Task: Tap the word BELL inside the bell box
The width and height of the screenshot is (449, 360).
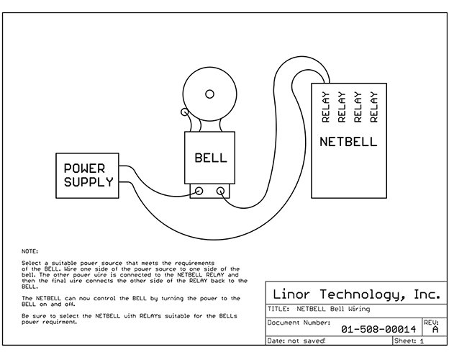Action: point(211,158)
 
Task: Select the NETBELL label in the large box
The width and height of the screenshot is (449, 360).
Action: point(348,142)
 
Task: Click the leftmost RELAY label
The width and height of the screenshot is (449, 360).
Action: point(326,107)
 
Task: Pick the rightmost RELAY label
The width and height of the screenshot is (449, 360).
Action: point(374,107)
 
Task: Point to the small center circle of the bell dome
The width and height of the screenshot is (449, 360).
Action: point(210,94)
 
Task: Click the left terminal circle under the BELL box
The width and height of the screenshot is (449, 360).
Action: point(199,191)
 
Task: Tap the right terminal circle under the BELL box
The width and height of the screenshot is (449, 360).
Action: point(220,191)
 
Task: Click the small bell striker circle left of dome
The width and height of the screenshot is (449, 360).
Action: point(185,112)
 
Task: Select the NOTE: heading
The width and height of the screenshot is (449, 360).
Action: point(30,251)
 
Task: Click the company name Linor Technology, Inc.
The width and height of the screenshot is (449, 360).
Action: point(356,294)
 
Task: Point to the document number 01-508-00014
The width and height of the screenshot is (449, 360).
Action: point(378,329)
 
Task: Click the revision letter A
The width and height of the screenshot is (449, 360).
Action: point(435,329)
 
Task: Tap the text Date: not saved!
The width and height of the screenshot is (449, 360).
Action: point(296,341)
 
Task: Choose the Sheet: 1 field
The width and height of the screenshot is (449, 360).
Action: point(409,341)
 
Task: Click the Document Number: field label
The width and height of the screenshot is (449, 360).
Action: point(299,323)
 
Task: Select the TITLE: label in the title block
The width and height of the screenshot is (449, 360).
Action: point(278,309)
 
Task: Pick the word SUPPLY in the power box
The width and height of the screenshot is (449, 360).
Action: point(89,182)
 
